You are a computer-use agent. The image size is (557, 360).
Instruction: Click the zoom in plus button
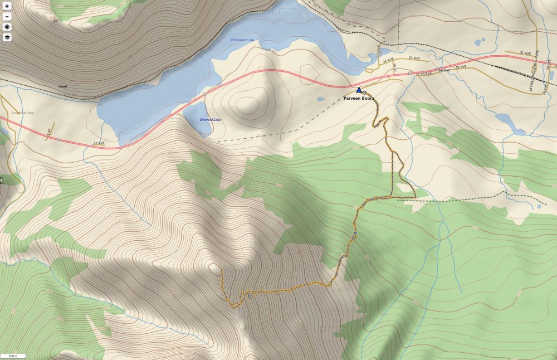click(x=7, y=7)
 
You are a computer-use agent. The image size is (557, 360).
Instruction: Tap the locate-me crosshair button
click(x=7, y=27)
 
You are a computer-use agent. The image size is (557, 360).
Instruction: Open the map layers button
click(x=7, y=37)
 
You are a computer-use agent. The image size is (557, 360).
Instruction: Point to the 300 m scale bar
click(x=13, y=356)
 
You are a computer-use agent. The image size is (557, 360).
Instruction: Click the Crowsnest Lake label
click(x=242, y=40)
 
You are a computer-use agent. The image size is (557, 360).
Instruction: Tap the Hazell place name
click(x=63, y=86)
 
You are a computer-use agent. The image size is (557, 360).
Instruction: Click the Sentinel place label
click(x=443, y=71)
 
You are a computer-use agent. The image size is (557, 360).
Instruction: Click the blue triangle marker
click(x=359, y=90)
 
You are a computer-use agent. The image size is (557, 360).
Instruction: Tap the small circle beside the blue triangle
click(x=365, y=93)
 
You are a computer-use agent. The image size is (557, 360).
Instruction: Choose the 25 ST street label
click(x=378, y=50)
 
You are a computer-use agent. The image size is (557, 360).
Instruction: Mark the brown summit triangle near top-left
click(x=55, y=20)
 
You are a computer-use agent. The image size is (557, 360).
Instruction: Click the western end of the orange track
click(x=222, y=270)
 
